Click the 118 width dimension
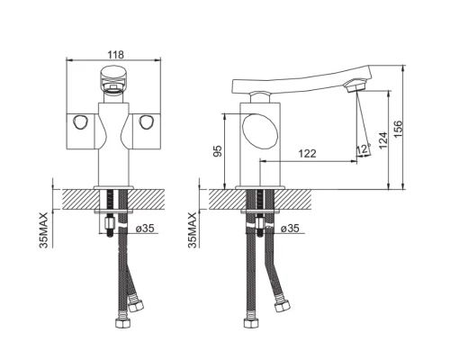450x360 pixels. point(115,55)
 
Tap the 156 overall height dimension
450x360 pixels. point(398,129)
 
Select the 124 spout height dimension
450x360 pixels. point(383,140)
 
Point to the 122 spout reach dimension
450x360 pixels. point(307,153)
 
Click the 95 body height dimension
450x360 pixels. point(218,151)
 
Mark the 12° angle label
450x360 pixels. point(364,148)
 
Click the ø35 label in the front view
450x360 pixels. point(145,229)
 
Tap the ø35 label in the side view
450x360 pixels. point(290,229)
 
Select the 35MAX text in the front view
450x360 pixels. point(43,230)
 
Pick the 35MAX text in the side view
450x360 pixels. point(193,230)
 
